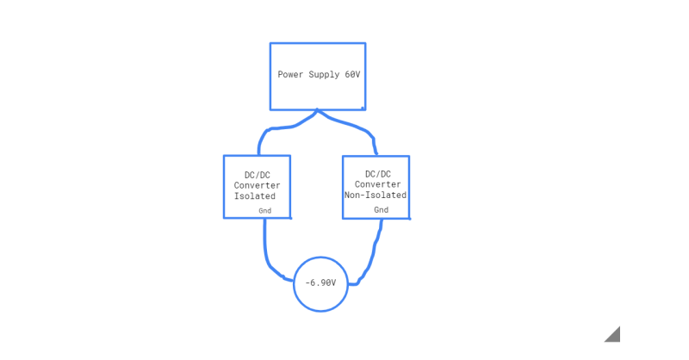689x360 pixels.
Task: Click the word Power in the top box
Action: [290, 75]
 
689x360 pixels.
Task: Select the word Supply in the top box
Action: [324, 75]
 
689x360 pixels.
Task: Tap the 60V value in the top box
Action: [352, 75]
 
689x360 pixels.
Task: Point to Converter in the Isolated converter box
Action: [257, 185]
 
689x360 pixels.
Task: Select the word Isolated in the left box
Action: [255, 196]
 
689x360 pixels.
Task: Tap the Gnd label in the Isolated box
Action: [264, 210]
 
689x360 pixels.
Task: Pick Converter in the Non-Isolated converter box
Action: [377, 184]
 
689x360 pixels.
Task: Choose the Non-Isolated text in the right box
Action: [376, 195]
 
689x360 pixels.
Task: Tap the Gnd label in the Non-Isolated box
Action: [381, 209]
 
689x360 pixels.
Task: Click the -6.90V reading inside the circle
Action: [320, 283]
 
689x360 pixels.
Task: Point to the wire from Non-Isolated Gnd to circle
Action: [376, 254]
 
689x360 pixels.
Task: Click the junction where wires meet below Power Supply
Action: [318, 112]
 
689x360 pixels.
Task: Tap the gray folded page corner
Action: [612, 335]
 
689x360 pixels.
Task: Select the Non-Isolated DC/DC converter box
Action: [376, 164]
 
